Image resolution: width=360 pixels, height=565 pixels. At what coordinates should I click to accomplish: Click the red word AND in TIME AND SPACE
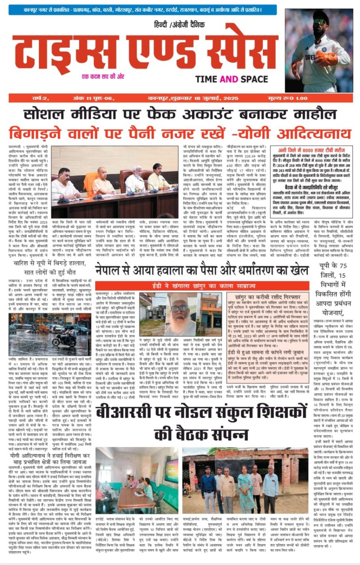(x=231, y=79)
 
